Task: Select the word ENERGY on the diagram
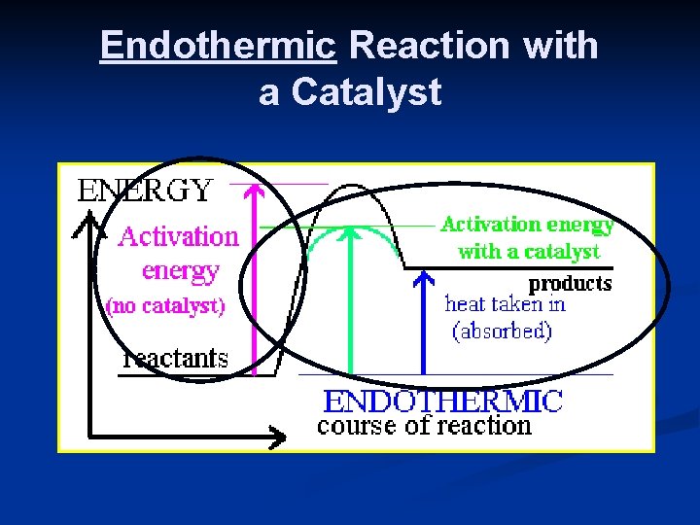click(143, 190)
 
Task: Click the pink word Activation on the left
click(178, 236)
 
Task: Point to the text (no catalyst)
click(165, 306)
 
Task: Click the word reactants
click(176, 358)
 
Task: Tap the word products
click(570, 284)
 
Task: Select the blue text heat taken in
click(505, 303)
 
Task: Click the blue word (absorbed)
click(503, 331)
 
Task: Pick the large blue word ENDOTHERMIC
click(442, 401)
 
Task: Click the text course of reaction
click(425, 426)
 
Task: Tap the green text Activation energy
click(527, 225)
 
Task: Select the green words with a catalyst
click(528, 252)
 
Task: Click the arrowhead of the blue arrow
click(423, 280)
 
